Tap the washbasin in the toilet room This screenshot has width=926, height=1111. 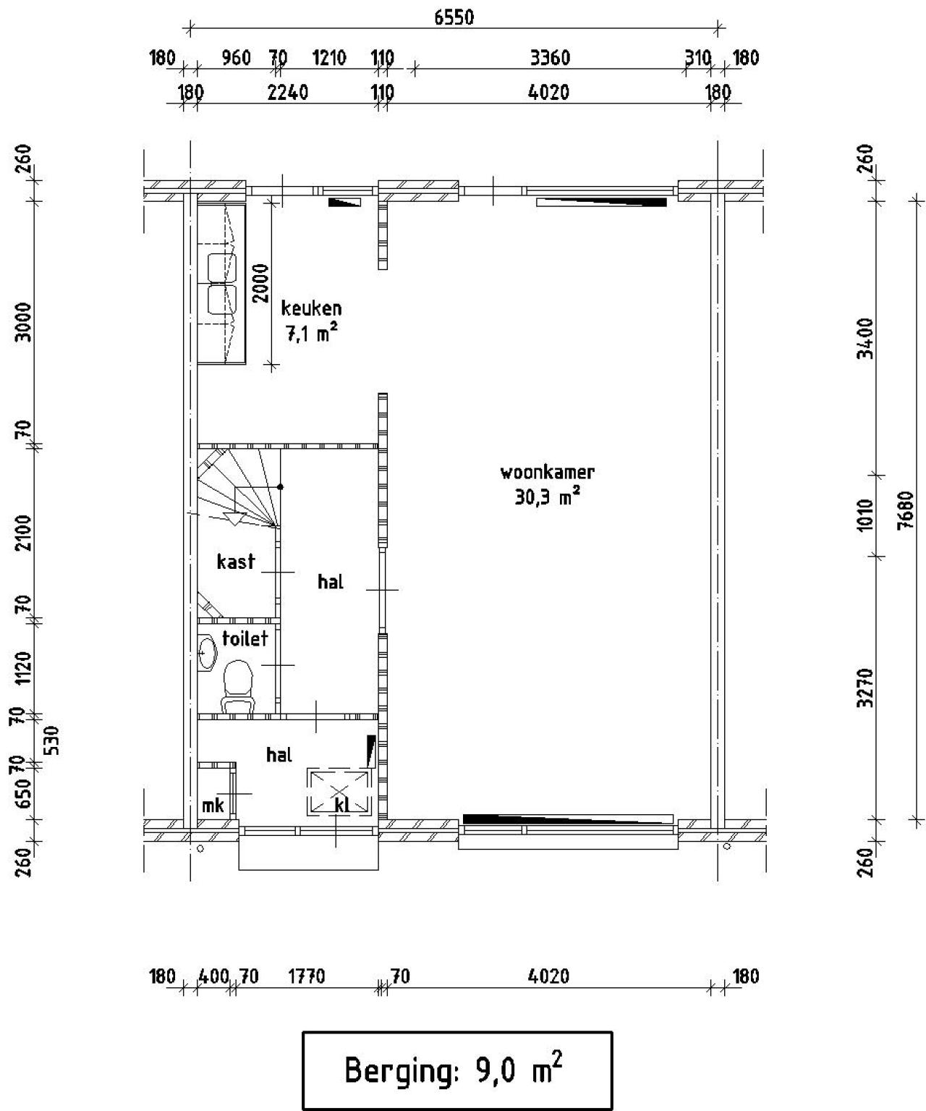208,654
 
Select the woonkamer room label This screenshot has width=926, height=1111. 547,473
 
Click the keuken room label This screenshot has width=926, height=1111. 311,308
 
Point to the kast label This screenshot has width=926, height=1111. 236,562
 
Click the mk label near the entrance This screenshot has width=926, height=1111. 213,805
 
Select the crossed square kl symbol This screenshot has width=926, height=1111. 339,792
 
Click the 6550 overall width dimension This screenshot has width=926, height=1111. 454,17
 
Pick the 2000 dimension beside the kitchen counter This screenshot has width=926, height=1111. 260,283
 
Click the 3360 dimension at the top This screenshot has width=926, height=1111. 550,58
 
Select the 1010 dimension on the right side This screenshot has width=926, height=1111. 865,515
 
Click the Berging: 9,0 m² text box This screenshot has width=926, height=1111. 456,1070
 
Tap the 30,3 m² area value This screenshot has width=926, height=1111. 547,498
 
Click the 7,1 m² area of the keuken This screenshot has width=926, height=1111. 311,334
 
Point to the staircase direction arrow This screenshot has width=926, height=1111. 234,518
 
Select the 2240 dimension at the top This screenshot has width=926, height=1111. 287,93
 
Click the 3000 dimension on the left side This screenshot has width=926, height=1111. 24,323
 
